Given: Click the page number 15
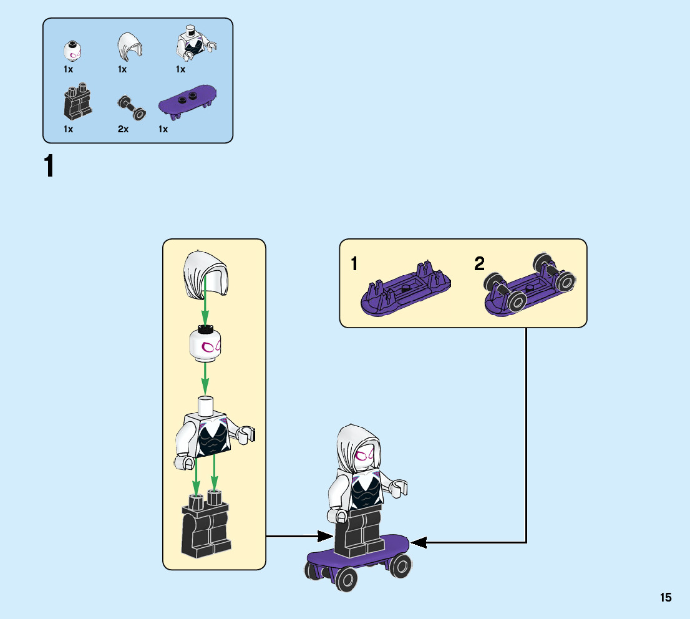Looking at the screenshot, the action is point(666,597).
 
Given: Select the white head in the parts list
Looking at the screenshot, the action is point(73,51).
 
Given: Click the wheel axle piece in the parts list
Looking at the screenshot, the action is point(132,108).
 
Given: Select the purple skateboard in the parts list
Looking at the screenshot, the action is point(188,100).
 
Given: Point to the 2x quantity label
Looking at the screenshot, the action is point(124,129).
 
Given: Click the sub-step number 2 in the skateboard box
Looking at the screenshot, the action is point(479,264).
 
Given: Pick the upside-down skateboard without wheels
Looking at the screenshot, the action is point(404,292).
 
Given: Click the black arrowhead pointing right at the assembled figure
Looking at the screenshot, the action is point(324,536).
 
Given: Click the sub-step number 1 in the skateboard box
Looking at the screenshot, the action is point(354,264).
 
